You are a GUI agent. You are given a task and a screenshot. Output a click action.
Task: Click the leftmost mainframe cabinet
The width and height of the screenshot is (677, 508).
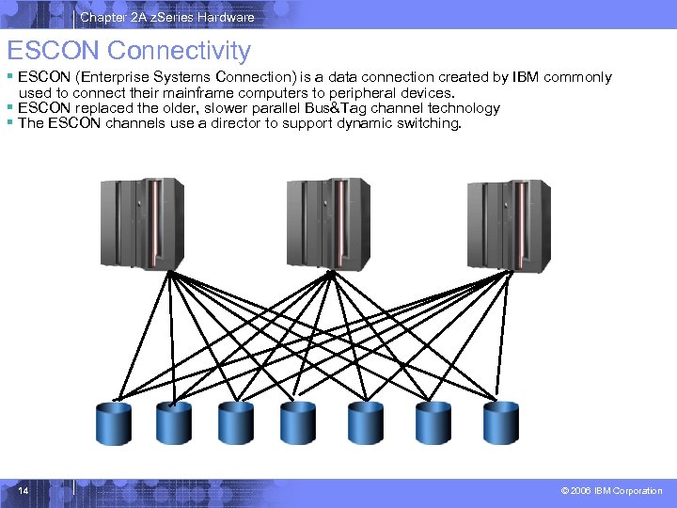(x=141, y=222)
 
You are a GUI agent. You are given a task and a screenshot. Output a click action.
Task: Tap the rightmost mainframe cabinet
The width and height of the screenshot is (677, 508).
(x=509, y=222)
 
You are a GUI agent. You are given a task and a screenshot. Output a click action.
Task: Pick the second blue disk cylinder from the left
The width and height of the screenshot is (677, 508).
(x=173, y=422)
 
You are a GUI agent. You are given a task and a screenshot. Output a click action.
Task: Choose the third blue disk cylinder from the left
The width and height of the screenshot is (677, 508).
(x=235, y=422)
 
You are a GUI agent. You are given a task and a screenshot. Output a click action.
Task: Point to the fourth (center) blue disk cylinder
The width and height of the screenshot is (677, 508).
(x=297, y=422)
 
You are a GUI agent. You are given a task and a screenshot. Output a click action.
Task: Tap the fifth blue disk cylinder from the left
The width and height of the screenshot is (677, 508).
(x=365, y=422)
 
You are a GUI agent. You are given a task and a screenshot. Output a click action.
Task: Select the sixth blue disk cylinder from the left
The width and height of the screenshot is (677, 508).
(x=433, y=422)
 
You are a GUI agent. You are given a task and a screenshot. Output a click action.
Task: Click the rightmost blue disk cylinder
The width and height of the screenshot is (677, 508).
(x=500, y=422)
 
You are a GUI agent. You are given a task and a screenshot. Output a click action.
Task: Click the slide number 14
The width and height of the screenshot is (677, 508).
(x=24, y=490)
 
